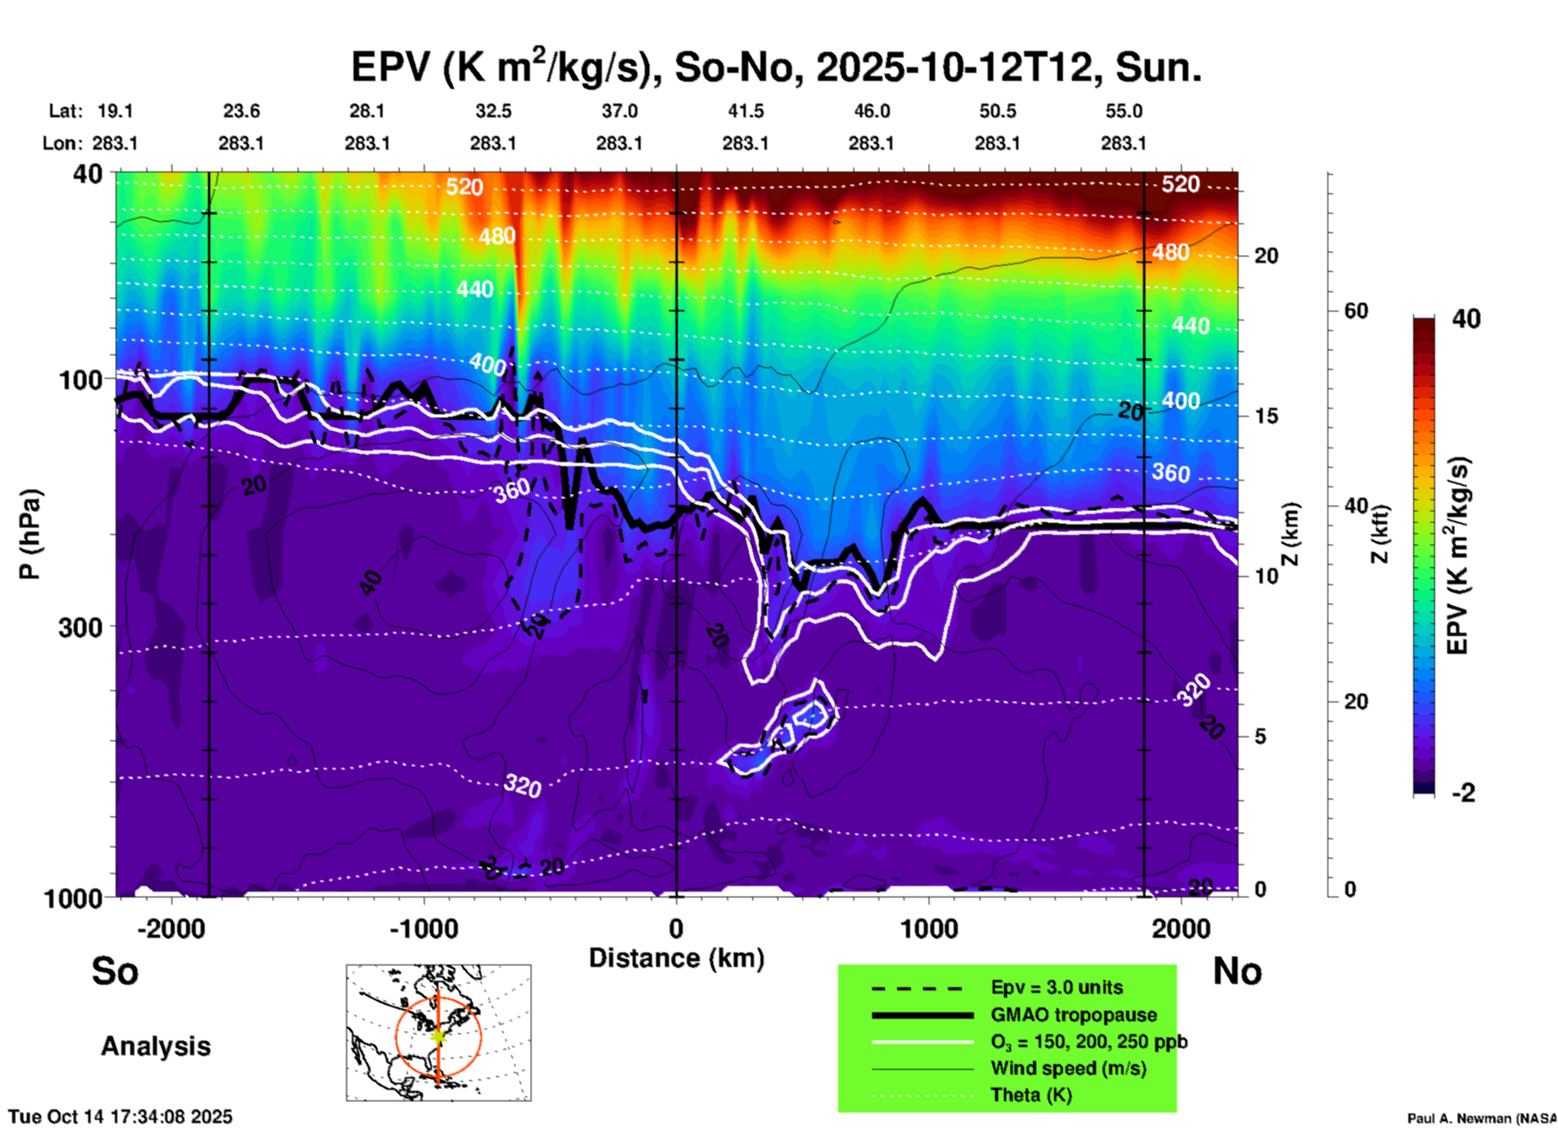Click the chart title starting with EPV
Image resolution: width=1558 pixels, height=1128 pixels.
click(776, 67)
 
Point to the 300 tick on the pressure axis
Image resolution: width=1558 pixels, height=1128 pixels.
click(80, 627)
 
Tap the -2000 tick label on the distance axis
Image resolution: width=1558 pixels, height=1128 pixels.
click(171, 929)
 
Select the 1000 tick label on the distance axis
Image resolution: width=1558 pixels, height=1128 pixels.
click(929, 929)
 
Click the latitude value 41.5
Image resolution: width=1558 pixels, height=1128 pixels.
click(745, 111)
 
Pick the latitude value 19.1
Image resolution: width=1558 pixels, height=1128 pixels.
click(115, 111)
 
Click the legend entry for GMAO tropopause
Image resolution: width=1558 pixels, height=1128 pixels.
click(1073, 1015)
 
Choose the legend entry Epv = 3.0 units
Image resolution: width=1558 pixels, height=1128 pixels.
click(1056, 988)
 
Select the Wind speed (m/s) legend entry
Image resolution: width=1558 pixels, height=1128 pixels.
click(1068, 1068)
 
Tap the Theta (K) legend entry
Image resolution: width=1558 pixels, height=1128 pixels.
click(1031, 1095)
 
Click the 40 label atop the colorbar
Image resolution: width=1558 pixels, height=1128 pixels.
click(1466, 319)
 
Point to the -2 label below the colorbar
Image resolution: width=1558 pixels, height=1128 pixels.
click(1463, 793)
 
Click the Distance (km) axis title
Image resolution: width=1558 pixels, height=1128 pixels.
click(676, 958)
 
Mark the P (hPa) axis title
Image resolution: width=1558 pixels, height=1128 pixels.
click(30, 534)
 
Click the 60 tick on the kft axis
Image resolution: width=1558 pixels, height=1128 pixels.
click(1356, 312)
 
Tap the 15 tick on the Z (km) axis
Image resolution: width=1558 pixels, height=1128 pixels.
click(1266, 416)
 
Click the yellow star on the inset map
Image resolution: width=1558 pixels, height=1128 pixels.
click(438, 1036)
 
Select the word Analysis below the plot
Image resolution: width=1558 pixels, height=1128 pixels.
click(155, 1046)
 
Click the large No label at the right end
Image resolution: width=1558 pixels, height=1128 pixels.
click(1237, 971)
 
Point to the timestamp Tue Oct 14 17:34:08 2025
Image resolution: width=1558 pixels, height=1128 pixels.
click(121, 1117)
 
